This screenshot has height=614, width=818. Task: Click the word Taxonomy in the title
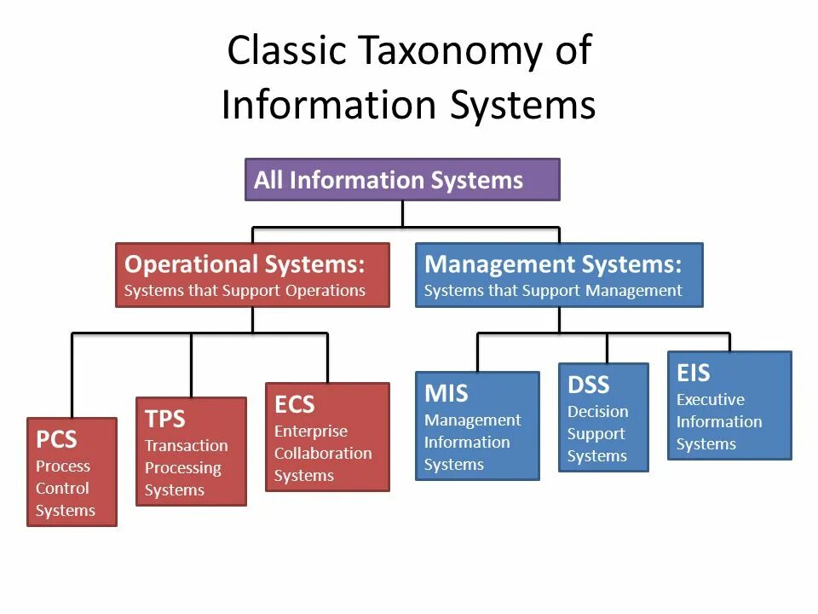[x=446, y=52]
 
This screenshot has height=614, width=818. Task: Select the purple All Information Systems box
[x=402, y=180]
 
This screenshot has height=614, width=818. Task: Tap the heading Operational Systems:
[x=245, y=264]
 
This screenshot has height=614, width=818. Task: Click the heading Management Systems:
[x=553, y=264]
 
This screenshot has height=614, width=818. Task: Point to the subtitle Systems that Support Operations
[x=245, y=291]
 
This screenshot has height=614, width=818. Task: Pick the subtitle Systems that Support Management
[x=553, y=291]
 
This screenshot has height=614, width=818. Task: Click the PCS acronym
[x=56, y=440]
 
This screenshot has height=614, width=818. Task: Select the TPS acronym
[x=164, y=420]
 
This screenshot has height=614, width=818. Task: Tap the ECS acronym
[x=294, y=404]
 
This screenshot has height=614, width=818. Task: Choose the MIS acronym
[x=446, y=394]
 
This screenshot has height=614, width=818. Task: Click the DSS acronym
[x=589, y=385]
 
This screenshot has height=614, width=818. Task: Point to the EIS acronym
[x=693, y=374]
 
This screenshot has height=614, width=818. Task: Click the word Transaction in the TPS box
[x=186, y=446]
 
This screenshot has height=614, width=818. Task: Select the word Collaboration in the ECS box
[x=323, y=453]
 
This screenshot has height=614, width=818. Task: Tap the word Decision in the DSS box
[x=597, y=412]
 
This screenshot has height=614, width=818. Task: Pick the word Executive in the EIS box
[x=710, y=400]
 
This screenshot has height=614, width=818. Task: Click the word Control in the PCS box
[x=62, y=489]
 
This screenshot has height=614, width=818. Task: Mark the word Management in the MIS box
[x=472, y=420]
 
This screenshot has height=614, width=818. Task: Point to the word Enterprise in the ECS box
[x=310, y=432]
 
